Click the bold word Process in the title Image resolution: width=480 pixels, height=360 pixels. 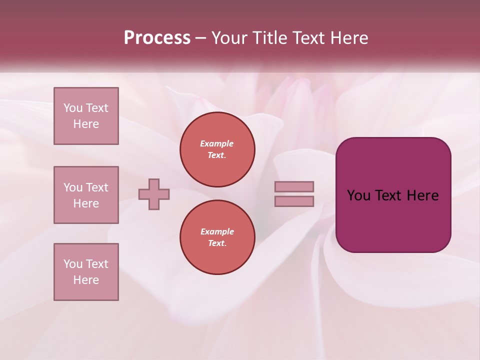click(157, 38)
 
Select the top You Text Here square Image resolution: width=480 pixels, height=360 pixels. click(86, 116)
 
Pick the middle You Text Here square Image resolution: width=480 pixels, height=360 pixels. click(86, 195)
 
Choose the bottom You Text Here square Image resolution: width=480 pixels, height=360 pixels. click(86, 272)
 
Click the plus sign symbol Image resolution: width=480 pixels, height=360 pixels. click(154, 194)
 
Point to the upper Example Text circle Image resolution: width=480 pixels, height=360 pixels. click(217, 149)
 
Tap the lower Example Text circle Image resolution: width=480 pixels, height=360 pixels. click(217, 237)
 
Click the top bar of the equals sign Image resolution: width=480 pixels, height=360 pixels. click(294, 186)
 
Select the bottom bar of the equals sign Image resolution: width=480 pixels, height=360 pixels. click(294, 201)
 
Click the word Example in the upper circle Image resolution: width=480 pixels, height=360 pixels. click(217, 143)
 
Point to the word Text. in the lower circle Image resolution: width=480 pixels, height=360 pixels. click(217, 243)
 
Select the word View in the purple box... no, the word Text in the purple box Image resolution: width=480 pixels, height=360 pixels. click(388, 195)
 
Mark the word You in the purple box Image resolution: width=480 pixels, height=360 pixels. click(359, 195)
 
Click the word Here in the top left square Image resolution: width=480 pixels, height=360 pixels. click(86, 124)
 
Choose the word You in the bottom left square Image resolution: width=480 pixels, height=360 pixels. click(73, 264)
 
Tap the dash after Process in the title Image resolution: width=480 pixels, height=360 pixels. click(201, 38)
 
